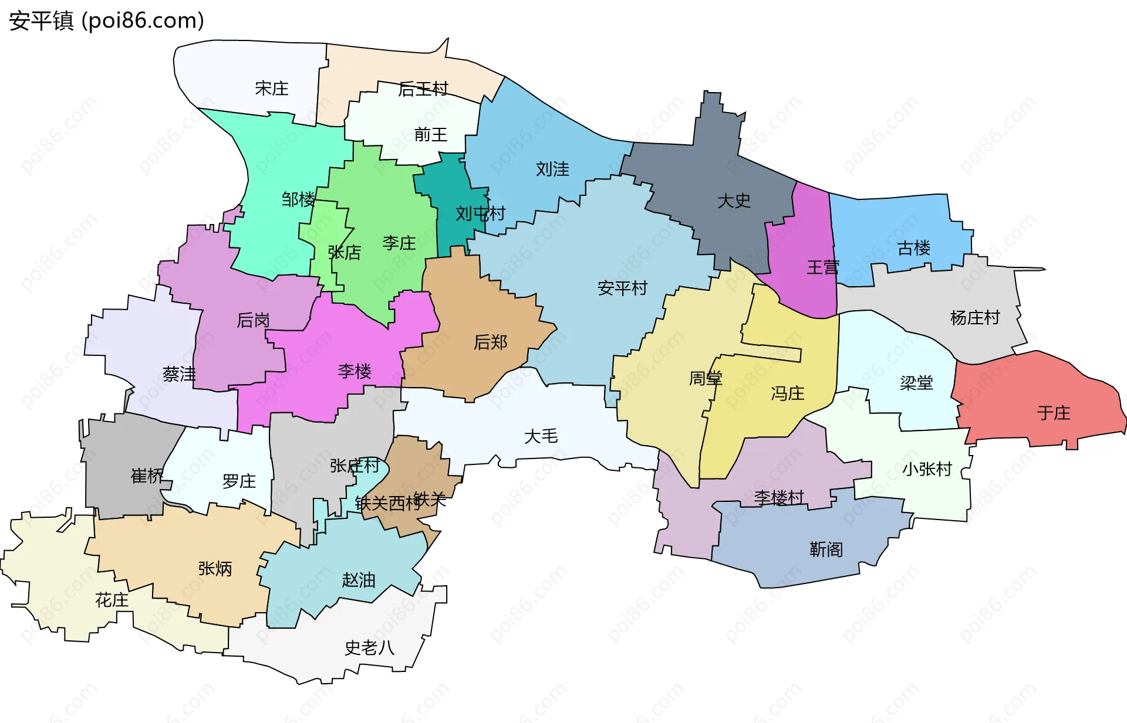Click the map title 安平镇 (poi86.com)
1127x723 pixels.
(106, 21)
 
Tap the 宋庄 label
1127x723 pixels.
(272, 89)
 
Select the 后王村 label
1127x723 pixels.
(423, 89)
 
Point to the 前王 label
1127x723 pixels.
(430, 135)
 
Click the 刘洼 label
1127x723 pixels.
(552, 169)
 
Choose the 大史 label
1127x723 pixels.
(734, 201)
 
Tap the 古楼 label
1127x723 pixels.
(914, 248)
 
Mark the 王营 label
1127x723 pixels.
(823, 267)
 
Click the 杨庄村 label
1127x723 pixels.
(975, 318)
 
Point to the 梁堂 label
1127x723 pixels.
(916, 383)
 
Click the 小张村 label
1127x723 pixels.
(927, 469)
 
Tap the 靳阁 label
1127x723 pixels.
(826, 549)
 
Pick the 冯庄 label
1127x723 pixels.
(788, 393)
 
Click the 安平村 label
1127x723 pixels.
(622, 288)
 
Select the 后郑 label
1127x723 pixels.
(490, 342)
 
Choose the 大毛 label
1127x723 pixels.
(541, 436)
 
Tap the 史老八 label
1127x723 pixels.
(369, 648)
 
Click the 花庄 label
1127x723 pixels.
(112, 600)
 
